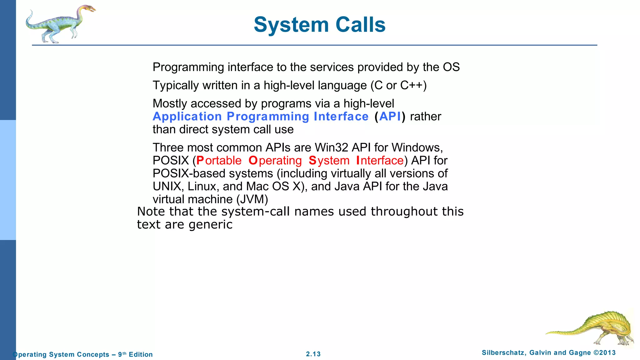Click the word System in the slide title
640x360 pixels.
pos(291,25)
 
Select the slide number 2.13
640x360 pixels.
pos(313,354)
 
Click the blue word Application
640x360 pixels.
pos(187,117)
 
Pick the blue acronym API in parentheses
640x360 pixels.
pos(390,117)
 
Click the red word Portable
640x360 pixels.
pos(219,161)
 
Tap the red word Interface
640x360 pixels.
pos(380,161)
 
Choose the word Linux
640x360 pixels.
pos(202,187)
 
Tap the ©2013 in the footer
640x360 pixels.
pos(604,353)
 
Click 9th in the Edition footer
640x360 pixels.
pos(122,354)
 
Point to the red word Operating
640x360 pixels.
pos(275,161)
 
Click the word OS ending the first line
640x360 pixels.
pos(451,67)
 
